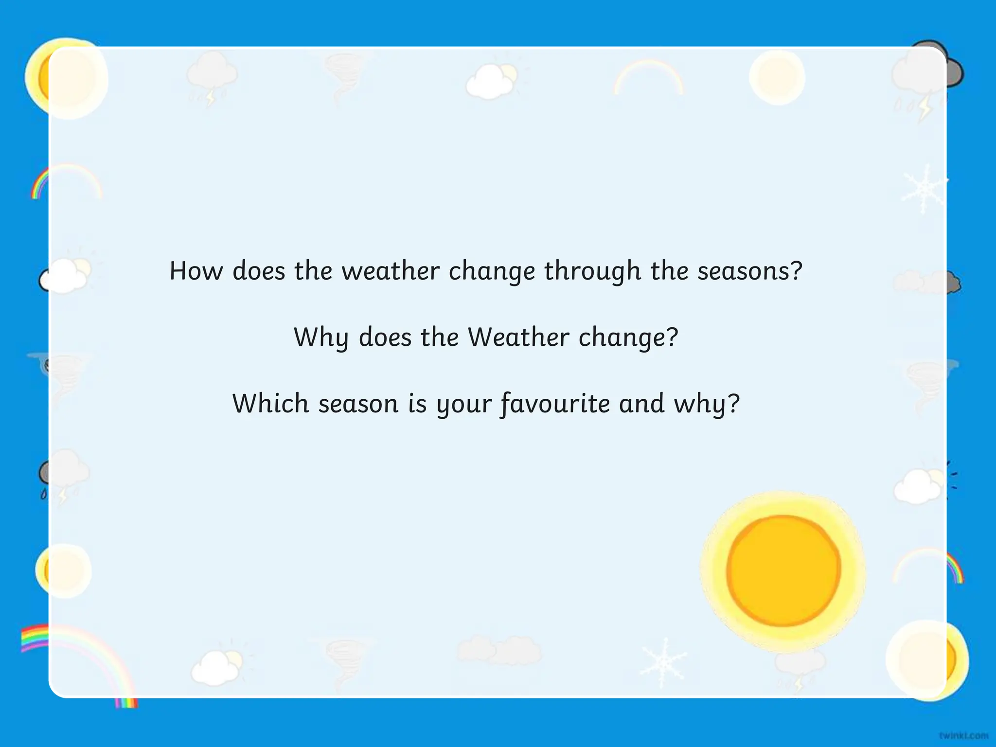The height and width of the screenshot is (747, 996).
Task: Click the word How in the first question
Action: [x=196, y=271]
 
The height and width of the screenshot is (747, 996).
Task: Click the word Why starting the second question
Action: [x=321, y=338]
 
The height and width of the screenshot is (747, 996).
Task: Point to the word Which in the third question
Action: [x=270, y=404]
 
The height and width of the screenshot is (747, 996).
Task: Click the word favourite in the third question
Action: [x=555, y=404]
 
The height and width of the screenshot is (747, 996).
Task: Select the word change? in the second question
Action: [x=628, y=338]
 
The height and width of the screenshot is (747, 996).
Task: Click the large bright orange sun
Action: [x=783, y=570]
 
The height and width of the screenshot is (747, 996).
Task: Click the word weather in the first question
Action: [x=390, y=271]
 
